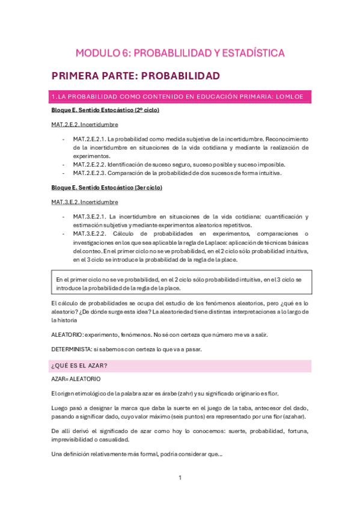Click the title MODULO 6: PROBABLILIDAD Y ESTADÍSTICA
point(180,54)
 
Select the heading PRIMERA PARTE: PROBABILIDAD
point(136,76)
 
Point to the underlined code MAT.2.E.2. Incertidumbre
point(85,124)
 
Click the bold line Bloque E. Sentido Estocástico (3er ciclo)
point(107,188)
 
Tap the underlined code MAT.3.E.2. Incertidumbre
point(85,202)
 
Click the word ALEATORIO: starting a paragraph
point(68,334)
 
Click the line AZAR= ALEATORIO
point(76,380)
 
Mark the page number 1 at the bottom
point(180,478)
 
